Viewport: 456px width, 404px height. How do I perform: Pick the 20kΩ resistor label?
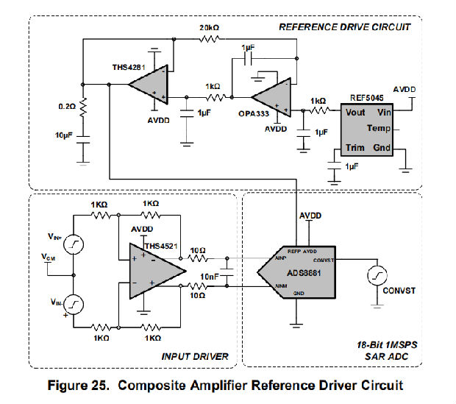pyautogui.click(x=210, y=29)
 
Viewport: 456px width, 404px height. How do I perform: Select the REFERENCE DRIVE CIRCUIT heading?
pyautogui.click(x=343, y=28)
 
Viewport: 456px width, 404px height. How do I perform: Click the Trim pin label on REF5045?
pyautogui.click(x=355, y=149)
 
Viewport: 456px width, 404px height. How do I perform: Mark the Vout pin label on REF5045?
pyautogui.click(x=356, y=113)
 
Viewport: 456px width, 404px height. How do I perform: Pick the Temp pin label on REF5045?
pyautogui.click(x=380, y=130)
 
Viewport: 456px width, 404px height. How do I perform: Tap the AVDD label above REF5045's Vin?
pyautogui.click(x=404, y=89)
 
